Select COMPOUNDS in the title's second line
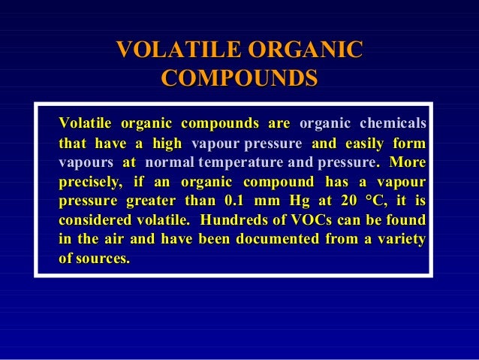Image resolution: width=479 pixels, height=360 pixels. (x=239, y=78)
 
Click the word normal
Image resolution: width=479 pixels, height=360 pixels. (x=170, y=162)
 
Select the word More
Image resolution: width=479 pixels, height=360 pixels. (x=408, y=162)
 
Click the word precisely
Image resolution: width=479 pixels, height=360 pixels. (x=88, y=182)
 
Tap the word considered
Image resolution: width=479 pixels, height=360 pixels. (x=92, y=221)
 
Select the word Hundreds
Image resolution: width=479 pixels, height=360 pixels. (x=233, y=221)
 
